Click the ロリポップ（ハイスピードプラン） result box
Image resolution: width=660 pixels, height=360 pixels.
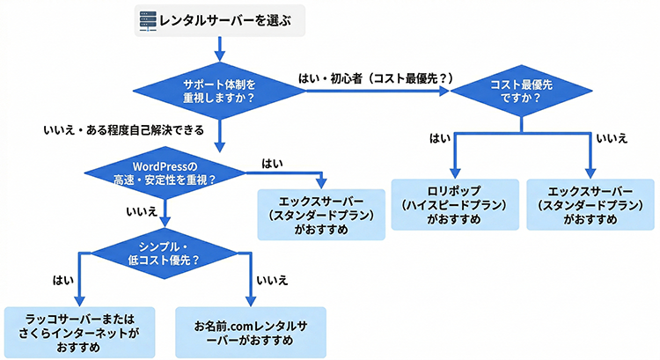(x=454, y=204)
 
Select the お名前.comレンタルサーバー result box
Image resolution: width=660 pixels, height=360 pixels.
(x=250, y=331)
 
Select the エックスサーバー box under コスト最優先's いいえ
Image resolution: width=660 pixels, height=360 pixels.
(x=589, y=204)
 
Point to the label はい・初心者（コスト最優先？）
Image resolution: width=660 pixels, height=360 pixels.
(x=376, y=79)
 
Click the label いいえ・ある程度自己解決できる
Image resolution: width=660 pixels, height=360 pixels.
(x=124, y=130)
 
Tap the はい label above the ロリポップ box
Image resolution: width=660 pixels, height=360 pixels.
(x=439, y=138)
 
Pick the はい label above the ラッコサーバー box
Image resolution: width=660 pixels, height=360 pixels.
(x=62, y=281)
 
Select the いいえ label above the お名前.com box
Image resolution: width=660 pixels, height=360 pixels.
(x=268, y=281)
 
